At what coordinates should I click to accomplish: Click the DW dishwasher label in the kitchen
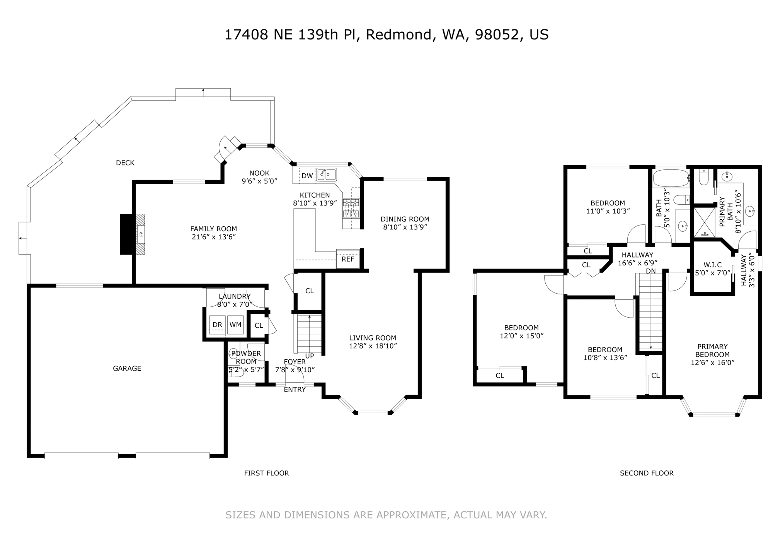pos(307,176)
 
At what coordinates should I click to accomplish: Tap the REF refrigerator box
pos(348,259)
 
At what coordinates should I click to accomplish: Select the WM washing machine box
pos(235,325)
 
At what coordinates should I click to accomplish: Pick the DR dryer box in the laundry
pos(217,325)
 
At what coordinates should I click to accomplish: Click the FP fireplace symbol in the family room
pos(141,234)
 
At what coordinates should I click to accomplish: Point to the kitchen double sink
pos(326,175)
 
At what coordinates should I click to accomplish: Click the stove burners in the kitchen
pos(351,208)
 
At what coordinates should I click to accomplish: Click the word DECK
pos(125,163)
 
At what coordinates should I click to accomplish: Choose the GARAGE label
pos(127,369)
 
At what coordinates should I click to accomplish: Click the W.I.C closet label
pos(712,265)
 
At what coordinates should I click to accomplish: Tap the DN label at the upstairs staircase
pos(651,271)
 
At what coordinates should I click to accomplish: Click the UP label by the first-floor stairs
pos(310,356)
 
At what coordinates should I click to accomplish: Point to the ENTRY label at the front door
pos(295,390)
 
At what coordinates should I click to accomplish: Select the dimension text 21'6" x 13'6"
pos(213,237)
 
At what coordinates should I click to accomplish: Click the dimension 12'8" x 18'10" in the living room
pos(373,346)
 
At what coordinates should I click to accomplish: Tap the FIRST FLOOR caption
pos(266,473)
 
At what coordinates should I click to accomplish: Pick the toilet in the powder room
pos(237,373)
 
